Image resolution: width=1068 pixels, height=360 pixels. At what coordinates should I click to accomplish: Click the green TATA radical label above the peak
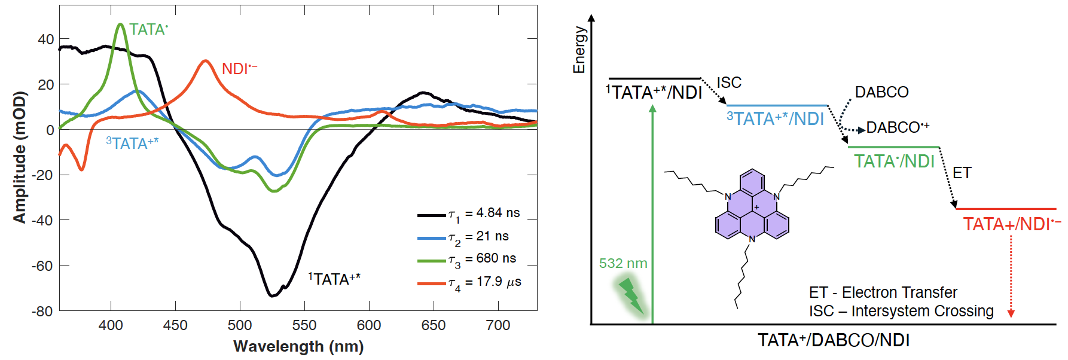148,30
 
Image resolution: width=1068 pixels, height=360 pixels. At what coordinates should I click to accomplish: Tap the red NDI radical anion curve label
239,69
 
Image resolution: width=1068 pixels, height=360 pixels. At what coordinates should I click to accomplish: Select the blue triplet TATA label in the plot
132,144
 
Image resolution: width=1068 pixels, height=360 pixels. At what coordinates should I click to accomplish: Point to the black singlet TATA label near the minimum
334,279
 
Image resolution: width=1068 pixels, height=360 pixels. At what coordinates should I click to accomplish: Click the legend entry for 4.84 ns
469,213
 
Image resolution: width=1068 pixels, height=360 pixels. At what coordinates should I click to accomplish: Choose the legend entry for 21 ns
463,237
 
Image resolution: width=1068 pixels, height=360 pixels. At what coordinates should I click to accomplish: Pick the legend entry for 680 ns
467,259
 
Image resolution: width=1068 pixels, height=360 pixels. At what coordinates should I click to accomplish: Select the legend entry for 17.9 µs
469,282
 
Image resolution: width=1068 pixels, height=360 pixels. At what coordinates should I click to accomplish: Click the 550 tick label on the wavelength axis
304,325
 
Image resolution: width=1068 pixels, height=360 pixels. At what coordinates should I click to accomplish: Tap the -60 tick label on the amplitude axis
42,266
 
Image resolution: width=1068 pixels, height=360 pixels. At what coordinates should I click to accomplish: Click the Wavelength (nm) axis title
298,346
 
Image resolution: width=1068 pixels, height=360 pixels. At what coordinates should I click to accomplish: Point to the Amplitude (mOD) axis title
20,157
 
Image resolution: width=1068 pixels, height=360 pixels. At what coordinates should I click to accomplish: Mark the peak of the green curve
121,25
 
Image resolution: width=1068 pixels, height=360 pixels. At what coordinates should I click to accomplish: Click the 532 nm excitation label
623,263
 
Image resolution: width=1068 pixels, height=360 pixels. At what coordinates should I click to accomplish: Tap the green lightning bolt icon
631,295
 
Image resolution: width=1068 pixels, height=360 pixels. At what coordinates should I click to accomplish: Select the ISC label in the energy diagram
729,83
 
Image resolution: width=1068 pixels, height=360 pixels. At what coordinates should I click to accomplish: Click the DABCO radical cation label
898,127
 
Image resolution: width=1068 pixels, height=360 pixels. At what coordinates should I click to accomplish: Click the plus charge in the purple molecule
756,208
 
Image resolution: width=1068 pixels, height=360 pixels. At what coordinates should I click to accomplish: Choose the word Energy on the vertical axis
579,50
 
